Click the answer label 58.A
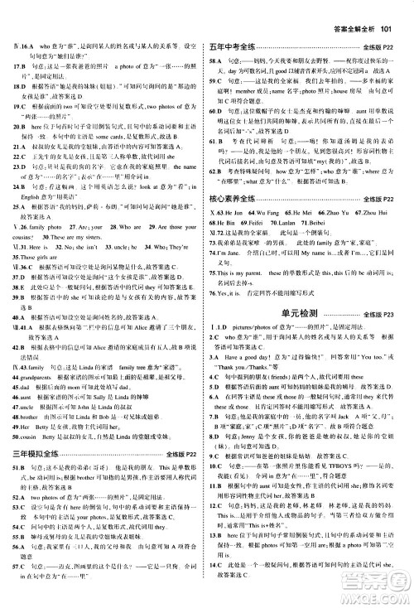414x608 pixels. pyautogui.click(x=216, y=39)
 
